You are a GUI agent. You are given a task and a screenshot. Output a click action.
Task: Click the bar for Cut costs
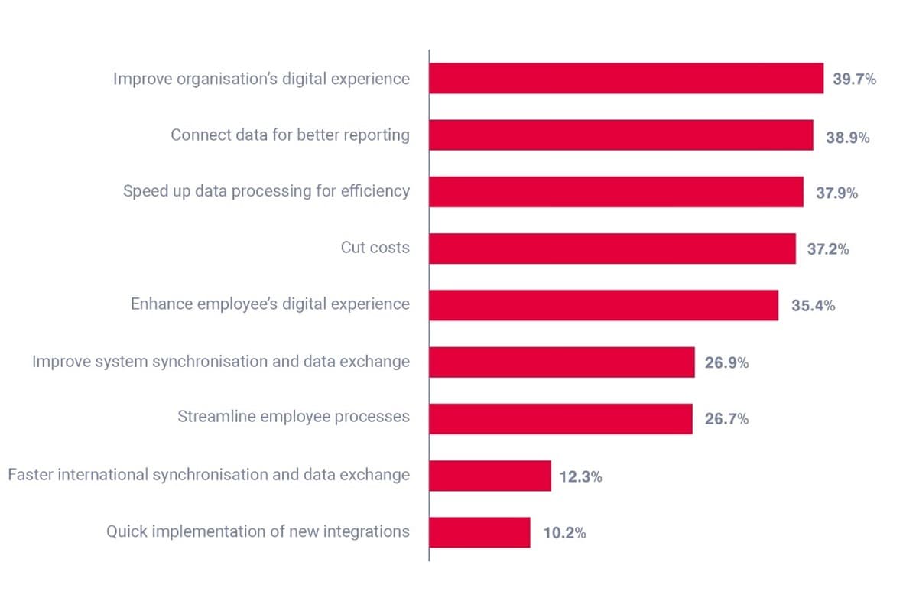click(x=612, y=249)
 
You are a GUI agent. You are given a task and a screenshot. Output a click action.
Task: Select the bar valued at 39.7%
click(x=626, y=79)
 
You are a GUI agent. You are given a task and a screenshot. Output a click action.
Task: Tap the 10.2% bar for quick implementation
click(x=479, y=532)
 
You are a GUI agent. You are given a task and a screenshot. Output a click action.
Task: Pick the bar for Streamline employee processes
click(x=560, y=419)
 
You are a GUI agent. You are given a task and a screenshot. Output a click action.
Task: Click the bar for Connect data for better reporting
click(x=621, y=135)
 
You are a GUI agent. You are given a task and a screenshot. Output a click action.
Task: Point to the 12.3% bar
click(x=489, y=476)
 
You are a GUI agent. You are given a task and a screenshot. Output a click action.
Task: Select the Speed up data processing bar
click(x=616, y=192)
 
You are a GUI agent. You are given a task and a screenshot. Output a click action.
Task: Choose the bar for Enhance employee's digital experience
click(x=603, y=305)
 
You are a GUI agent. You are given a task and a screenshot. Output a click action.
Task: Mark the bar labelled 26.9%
click(x=561, y=362)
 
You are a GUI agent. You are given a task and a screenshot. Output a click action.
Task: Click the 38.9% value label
click(x=847, y=138)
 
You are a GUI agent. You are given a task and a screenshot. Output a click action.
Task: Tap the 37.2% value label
click(x=828, y=249)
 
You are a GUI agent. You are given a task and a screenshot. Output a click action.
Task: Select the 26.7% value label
click(x=726, y=419)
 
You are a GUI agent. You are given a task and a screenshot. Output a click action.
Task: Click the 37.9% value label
click(x=836, y=193)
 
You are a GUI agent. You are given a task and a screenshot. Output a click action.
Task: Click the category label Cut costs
click(x=375, y=248)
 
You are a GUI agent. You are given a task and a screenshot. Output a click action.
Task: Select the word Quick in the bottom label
click(x=125, y=531)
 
